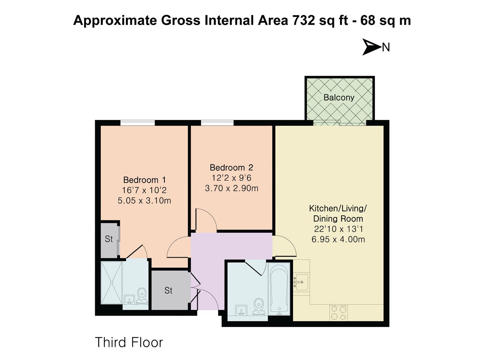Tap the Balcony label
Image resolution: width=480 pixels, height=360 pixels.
[339, 98]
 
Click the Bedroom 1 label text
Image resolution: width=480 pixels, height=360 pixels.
[144, 180]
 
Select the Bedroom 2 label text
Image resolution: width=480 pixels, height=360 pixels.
[231, 168]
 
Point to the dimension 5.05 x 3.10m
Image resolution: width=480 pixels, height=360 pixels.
[144, 201]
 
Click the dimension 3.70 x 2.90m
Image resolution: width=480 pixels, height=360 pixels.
[231, 188]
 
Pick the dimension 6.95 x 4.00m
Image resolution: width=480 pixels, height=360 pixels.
[338, 239]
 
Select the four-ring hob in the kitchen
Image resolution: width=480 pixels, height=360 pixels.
[338, 313]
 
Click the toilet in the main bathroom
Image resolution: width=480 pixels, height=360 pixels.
[259, 307]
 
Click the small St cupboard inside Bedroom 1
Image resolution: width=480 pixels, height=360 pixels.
[109, 239]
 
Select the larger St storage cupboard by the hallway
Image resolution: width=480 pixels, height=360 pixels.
[169, 290]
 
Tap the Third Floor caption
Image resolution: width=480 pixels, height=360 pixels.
[129, 342]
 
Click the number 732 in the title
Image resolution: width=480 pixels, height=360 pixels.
[304, 20]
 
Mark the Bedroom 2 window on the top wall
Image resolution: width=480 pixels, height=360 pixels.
[217, 123]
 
